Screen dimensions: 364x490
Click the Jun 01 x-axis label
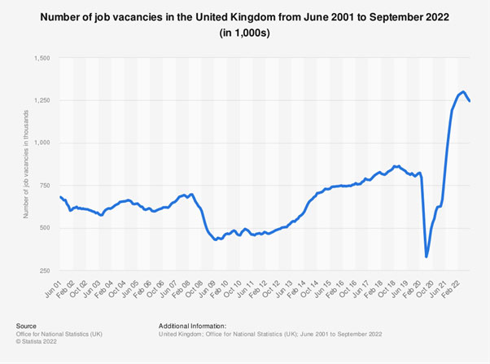point(55,286)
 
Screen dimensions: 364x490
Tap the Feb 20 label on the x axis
point(416,286)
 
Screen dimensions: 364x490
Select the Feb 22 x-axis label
point(455,286)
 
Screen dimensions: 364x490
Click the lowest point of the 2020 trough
point(427,257)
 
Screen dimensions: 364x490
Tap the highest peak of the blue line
point(463,92)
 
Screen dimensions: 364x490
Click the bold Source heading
point(27,325)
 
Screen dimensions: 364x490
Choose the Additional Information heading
point(193,325)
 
